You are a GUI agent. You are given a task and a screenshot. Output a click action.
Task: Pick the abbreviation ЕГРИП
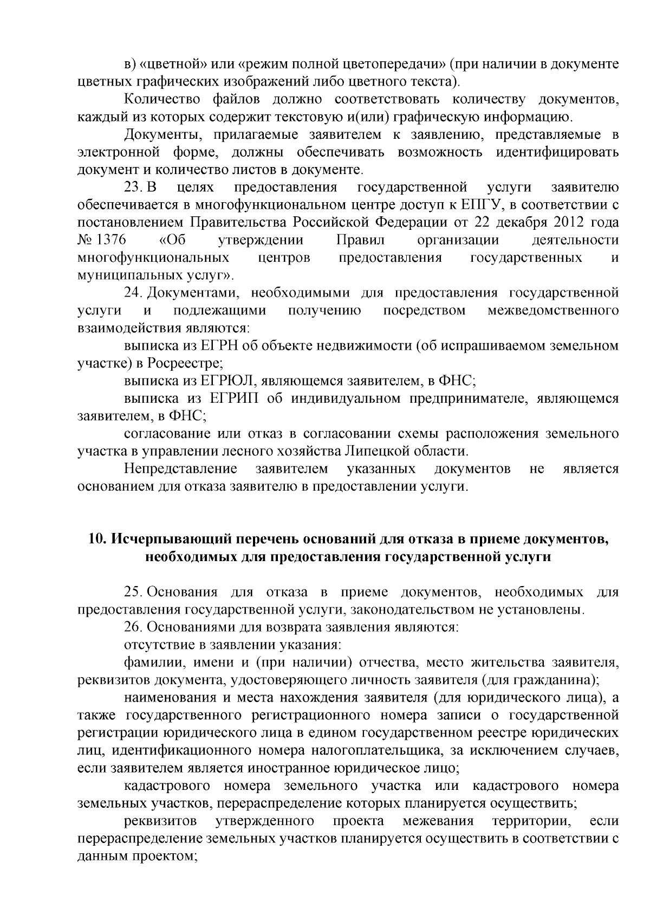tap(231, 398)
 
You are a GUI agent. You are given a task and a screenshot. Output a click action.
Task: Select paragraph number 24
tap(133, 293)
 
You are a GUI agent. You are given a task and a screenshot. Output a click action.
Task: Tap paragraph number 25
tap(133, 591)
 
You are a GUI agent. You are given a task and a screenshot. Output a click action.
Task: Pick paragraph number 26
tap(133, 627)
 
